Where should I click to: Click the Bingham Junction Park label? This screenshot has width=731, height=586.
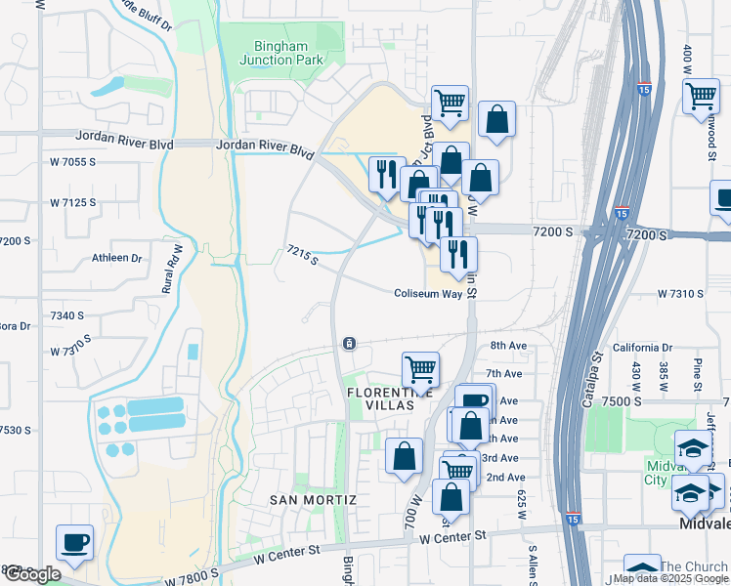(280, 53)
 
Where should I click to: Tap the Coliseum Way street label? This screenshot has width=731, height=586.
(427, 293)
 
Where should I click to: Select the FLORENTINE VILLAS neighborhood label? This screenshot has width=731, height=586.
(377, 398)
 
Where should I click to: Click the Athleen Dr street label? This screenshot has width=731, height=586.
(117, 259)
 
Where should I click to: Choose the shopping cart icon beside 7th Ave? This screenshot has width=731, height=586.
(420, 369)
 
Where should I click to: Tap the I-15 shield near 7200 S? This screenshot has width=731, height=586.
(623, 213)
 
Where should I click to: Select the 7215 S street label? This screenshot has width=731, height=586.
(302, 256)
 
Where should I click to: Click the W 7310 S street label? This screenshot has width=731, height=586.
(680, 293)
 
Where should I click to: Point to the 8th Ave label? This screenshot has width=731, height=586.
(508, 346)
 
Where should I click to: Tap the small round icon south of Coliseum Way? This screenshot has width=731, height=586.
(349, 343)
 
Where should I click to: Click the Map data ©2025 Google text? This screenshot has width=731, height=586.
(670, 578)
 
